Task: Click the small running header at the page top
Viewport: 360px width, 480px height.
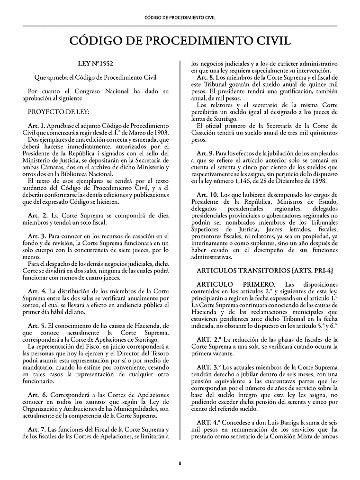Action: tap(180, 18)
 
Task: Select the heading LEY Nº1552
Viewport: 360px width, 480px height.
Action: tap(95, 63)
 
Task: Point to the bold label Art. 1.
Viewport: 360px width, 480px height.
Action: tap(36, 126)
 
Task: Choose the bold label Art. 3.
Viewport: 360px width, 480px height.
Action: tap(37, 236)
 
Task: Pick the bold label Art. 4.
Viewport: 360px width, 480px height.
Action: tap(37, 291)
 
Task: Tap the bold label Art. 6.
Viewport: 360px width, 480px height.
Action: tap(37, 395)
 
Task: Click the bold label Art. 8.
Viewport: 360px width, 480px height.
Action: tap(206, 77)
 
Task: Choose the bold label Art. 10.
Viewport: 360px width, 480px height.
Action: tap(207, 195)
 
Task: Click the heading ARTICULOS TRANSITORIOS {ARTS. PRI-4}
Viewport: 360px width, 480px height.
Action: tap(264, 270)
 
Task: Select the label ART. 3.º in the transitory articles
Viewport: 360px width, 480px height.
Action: tap(209, 368)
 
